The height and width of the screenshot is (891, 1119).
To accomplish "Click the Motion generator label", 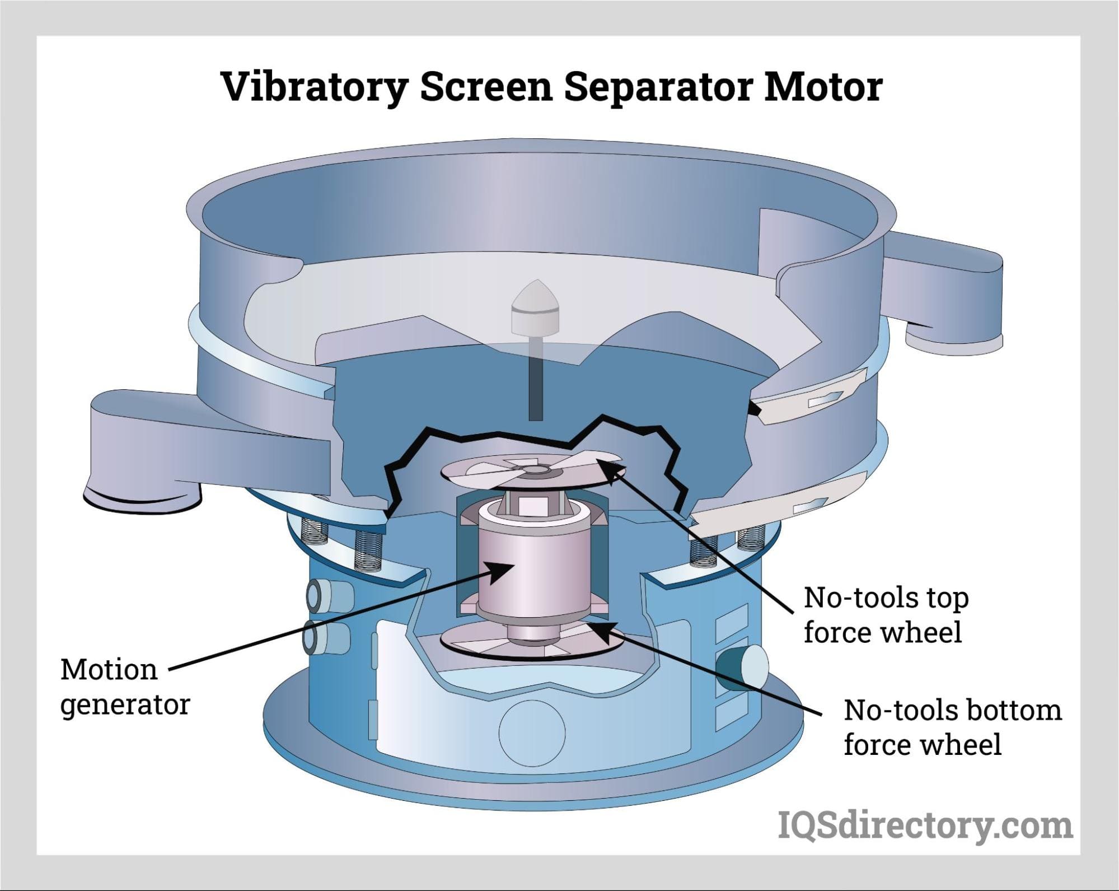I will click(124, 687).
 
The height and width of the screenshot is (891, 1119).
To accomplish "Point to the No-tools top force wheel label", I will click(886, 615).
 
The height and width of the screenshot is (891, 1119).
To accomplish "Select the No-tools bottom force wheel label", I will click(952, 727).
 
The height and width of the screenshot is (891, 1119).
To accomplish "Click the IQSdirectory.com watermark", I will click(925, 827).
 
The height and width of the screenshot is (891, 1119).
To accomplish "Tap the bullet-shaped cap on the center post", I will click(536, 309).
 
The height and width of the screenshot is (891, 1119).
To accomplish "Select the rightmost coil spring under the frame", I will click(750, 538).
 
